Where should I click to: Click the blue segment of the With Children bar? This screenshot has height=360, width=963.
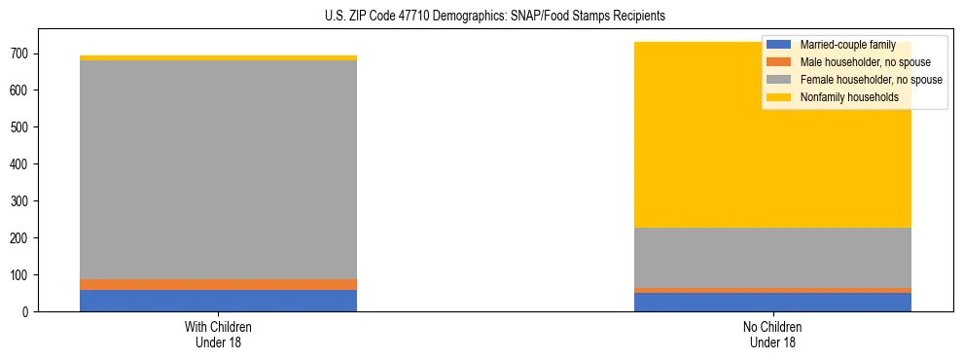pos(218,301)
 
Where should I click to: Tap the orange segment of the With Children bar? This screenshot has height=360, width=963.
pos(218,284)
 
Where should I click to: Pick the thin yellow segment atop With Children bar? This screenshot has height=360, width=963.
pos(218,58)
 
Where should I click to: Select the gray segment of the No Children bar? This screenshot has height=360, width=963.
pos(772,257)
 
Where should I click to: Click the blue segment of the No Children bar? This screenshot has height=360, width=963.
pos(772,302)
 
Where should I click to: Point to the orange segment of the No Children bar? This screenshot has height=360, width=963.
pos(772,290)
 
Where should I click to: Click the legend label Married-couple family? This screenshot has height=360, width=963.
pos(847,45)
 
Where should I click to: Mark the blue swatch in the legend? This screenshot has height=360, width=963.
pos(779,45)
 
